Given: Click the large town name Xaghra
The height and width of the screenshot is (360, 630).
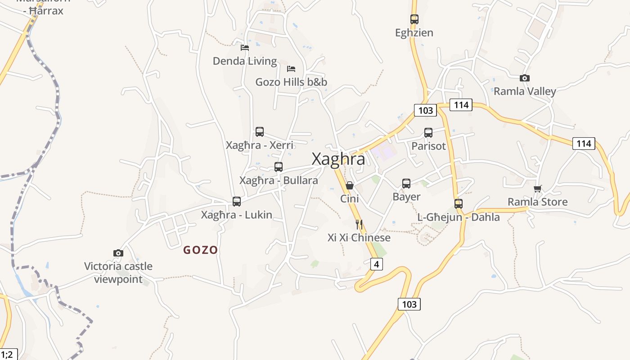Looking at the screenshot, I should click(x=338, y=159).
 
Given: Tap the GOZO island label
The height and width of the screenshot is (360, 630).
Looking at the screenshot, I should click(x=201, y=250).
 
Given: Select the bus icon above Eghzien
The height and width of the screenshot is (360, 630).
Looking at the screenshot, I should click(x=414, y=19).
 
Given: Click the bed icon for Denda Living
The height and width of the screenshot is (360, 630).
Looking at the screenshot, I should click(x=245, y=47).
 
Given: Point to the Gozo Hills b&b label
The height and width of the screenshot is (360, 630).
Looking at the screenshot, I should click(x=291, y=82).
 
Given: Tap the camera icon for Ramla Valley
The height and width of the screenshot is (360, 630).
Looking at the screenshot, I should click(x=524, y=78).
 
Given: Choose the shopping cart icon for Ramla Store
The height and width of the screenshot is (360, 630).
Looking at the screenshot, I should click(x=537, y=189).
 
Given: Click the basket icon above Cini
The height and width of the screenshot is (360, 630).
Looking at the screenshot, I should click(x=349, y=185).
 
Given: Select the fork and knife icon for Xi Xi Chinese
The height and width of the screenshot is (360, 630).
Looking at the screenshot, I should click(x=359, y=224).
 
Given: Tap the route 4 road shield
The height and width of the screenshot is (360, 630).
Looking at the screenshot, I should click(x=376, y=264).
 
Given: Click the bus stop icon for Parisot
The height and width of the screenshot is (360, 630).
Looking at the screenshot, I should click(x=428, y=133).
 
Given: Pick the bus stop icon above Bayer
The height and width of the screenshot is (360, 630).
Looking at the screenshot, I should click(x=406, y=184).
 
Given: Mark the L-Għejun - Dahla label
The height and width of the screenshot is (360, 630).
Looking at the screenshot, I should click(x=459, y=217).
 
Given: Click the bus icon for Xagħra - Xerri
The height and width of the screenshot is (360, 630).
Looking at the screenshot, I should click(x=260, y=132).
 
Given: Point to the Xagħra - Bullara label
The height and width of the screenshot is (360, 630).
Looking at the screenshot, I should click(x=279, y=180).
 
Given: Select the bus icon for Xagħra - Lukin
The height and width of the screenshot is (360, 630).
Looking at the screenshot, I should click(x=237, y=202).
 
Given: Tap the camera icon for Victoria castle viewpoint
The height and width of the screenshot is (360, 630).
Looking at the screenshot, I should click(x=118, y=253).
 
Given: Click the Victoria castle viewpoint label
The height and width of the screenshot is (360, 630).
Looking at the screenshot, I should click(x=118, y=273).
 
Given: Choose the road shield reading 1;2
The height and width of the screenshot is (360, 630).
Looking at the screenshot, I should click(x=7, y=354).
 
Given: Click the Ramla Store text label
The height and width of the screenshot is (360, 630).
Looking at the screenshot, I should click(x=538, y=202).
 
